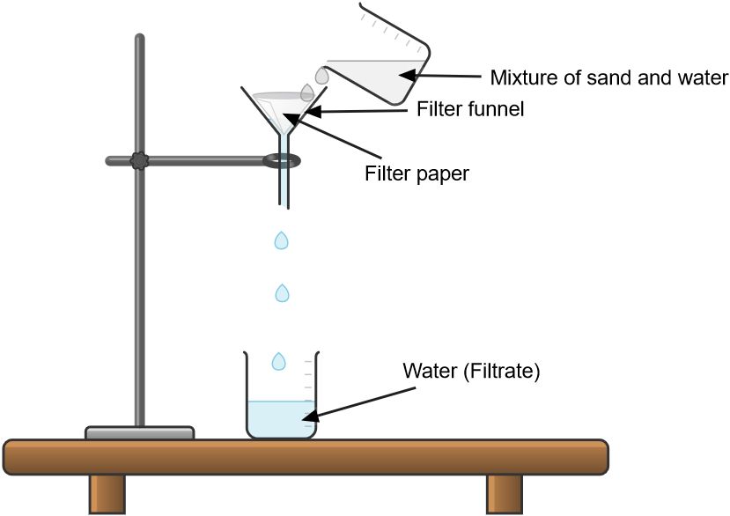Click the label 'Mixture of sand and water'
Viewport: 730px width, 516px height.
tap(608, 77)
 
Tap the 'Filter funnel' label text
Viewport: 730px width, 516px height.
tap(470, 110)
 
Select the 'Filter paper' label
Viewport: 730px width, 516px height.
tap(417, 173)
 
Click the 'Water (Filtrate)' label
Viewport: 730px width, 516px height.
tap(470, 371)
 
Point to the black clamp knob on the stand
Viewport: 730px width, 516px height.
tap(139, 161)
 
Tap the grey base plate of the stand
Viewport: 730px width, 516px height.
tap(139, 432)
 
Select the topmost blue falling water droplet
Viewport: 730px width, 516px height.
tap(282, 240)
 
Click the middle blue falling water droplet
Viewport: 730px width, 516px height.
tap(282, 292)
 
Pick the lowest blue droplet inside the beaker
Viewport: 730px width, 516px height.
tap(279, 360)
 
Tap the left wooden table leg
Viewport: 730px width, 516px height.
tap(107, 493)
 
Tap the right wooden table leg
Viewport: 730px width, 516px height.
tap(505, 493)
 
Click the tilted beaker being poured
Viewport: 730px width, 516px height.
tap(387, 66)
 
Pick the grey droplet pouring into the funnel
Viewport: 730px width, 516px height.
tap(307, 92)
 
